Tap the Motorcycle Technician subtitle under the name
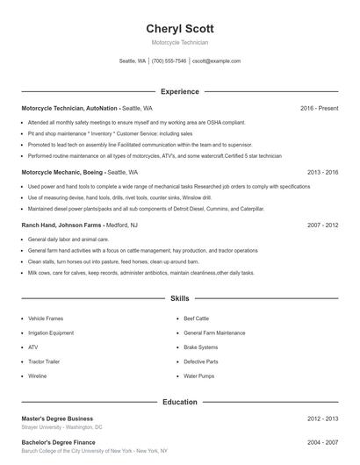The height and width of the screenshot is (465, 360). (x=179, y=42)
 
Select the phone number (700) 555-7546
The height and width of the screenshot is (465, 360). (x=169, y=61)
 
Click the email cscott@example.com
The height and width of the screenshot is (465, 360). (x=216, y=61)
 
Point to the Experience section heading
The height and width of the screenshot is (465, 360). (x=179, y=91)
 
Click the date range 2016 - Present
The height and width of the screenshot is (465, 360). (x=319, y=108)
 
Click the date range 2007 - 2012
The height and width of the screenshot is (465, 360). (x=323, y=225)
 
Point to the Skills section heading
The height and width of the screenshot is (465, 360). (x=179, y=299)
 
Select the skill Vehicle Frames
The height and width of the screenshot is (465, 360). (x=46, y=318)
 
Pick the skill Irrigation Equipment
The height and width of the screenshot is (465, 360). (x=51, y=333)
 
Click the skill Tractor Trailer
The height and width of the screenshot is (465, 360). (x=45, y=361)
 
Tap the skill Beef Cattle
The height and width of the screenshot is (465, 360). (x=197, y=318)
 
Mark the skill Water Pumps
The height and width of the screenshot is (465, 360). (x=198, y=376)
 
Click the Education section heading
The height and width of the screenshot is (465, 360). (x=179, y=402)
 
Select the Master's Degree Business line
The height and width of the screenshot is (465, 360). (x=57, y=418)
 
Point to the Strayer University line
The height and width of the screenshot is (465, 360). (x=61, y=427)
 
